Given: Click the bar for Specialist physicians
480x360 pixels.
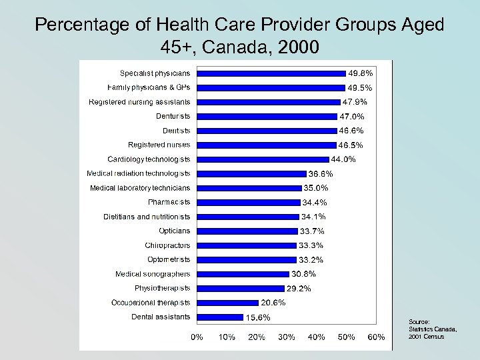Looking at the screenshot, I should pos(271,73).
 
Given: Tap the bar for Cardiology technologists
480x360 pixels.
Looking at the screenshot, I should pos(263,159).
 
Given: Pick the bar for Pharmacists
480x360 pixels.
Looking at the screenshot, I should pos(248,202).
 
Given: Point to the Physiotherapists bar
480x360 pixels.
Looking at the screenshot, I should pos(240,288).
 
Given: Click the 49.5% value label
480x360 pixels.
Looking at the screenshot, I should pos(359,87).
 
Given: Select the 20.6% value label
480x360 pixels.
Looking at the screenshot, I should pos(273,303).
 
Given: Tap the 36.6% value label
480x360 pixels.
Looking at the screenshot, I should pos(320,173).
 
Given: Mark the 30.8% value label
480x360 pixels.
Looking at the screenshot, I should pos(303,274).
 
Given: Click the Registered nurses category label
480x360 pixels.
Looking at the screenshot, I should pos(159,145).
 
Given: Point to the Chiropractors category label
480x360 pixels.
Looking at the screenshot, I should pos(167,245).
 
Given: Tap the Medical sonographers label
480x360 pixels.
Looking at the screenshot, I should pos(153,274).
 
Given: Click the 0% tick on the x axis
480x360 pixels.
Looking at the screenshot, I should pos(197,337).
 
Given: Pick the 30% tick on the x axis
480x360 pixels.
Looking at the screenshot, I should pos(287,337).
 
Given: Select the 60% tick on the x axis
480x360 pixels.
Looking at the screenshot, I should pos(377,337).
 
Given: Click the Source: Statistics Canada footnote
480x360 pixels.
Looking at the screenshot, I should pos(426,328).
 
